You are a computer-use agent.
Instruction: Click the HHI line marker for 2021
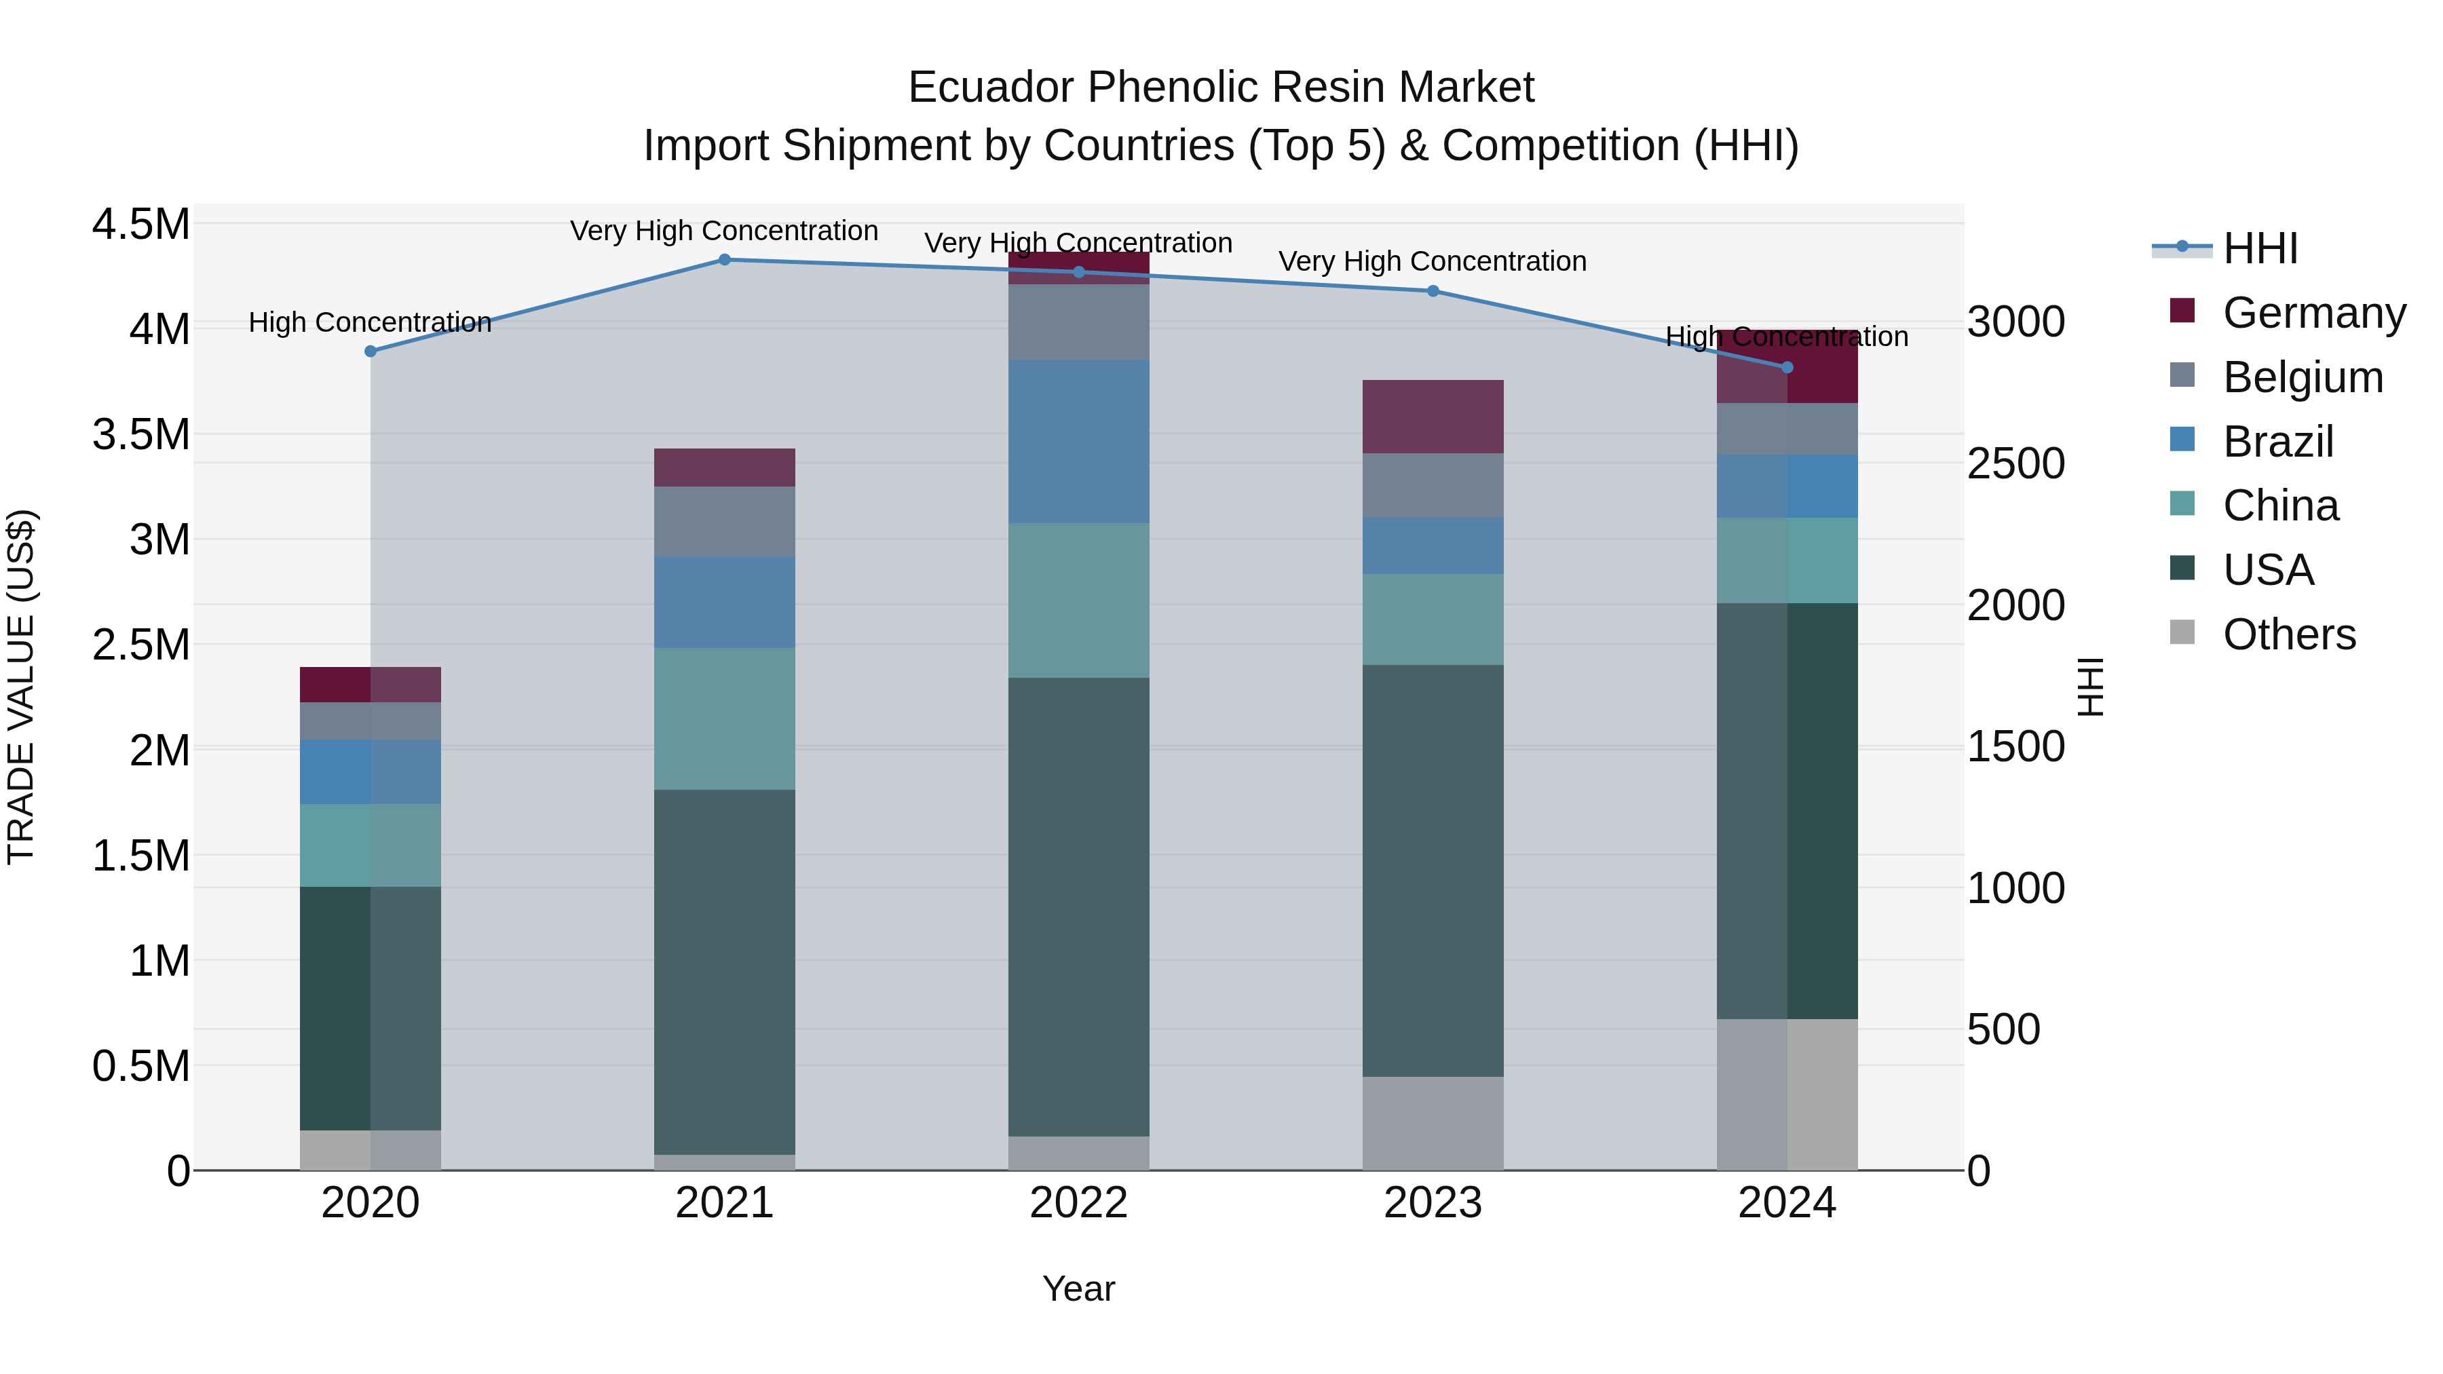(x=725, y=260)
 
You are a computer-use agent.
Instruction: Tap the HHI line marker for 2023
(x=1433, y=291)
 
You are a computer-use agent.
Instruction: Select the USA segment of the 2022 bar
(x=1078, y=906)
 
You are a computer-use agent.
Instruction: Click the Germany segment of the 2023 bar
(x=1433, y=417)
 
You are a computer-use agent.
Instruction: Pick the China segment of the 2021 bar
(x=725, y=719)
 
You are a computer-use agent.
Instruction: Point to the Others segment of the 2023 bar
(x=1433, y=1123)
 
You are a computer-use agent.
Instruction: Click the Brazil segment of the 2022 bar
(x=1078, y=441)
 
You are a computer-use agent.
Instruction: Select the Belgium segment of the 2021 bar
(x=725, y=522)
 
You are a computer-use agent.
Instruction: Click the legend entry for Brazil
(x=2276, y=442)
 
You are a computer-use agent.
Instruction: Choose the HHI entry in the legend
(x=2260, y=248)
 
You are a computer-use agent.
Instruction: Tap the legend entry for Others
(x=2288, y=634)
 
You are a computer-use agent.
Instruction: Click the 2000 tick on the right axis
(x=2015, y=605)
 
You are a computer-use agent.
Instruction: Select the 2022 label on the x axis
(x=1078, y=1203)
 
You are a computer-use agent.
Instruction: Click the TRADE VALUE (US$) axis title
(x=21, y=687)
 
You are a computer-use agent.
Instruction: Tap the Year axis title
(x=1078, y=1289)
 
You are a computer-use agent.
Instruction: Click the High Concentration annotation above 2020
(x=370, y=322)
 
